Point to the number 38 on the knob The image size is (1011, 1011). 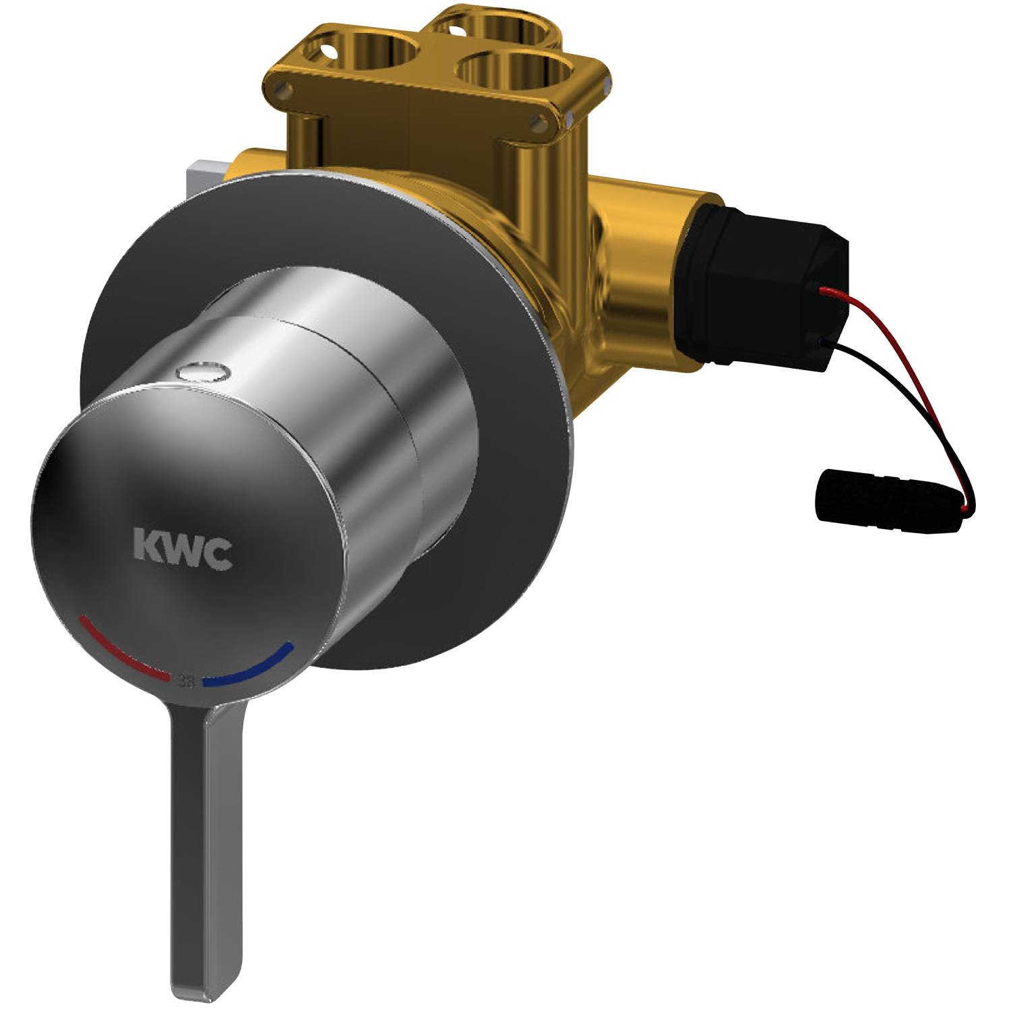(186, 681)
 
